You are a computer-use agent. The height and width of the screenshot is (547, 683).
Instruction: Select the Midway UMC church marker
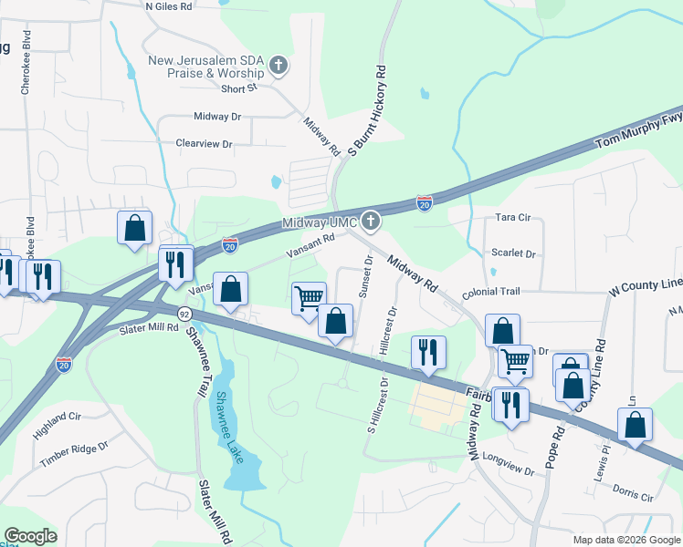tap(370, 220)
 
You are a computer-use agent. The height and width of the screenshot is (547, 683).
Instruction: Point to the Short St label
tap(240, 88)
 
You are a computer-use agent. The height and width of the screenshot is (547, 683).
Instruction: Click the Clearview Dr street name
tap(205, 144)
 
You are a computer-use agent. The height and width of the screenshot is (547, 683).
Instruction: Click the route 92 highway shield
tap(184, 314)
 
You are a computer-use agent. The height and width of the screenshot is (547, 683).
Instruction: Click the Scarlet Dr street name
tap(512, 254)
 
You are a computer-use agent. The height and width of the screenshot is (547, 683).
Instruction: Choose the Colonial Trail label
tap(490, 292)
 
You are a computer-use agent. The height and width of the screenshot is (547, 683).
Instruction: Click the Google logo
tap(31, 537)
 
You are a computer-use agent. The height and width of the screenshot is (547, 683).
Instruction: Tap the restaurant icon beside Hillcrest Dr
tap(428, 352)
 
